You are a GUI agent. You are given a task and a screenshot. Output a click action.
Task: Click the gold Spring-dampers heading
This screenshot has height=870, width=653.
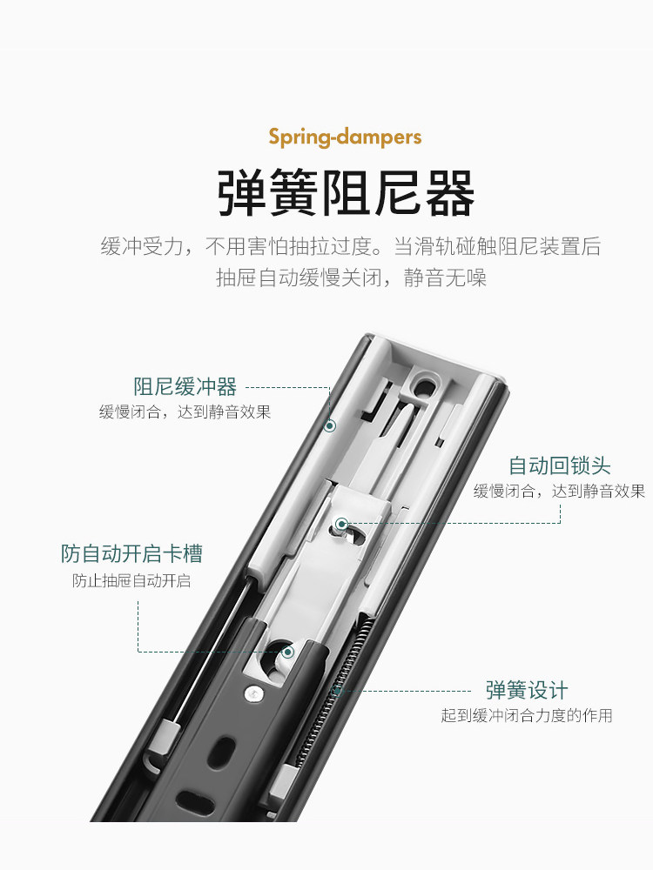tap(345, 137)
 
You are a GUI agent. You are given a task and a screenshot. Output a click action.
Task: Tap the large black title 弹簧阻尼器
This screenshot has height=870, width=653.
tap(346, 193)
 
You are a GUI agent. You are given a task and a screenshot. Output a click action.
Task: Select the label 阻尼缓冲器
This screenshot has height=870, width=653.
tap(185, 386)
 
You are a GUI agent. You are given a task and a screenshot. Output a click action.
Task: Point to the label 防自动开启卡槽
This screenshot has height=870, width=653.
tap(131, 553)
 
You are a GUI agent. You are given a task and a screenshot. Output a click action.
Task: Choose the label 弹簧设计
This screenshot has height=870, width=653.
tap(527, 691)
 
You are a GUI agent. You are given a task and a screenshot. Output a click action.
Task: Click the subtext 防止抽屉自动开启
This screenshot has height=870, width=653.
tap(131, 580)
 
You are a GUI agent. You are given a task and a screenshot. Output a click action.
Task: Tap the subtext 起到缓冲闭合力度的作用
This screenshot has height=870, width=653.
tap(527, 716)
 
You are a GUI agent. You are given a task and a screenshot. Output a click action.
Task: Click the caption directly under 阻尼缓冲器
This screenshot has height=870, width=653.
tap(185, 412)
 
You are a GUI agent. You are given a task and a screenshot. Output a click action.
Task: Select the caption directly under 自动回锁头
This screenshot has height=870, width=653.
tap(560, 492)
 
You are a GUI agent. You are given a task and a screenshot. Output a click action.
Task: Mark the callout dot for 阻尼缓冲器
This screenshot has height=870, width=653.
tap(330, 425)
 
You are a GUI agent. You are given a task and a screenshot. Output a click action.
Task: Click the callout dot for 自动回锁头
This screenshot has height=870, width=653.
tap(340, 524)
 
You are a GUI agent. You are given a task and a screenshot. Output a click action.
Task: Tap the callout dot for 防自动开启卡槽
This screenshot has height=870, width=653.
tap(288, 651)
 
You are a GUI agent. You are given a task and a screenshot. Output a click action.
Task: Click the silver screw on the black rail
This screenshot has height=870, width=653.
tap(252, 693)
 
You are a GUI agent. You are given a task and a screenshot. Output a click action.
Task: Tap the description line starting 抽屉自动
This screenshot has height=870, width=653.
tap(350, 278)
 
